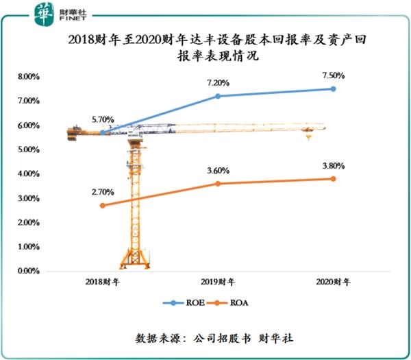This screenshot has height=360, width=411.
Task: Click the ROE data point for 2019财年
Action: (x=218, y=96)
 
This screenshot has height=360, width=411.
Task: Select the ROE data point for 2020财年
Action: (x=334, y=88)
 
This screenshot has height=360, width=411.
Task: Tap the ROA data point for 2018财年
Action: (x=103, y=206)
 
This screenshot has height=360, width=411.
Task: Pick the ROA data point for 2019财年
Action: (x=218, y=184)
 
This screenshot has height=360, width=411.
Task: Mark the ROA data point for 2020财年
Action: (x=334, y=179)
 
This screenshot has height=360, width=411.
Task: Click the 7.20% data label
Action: (x=218, y=83)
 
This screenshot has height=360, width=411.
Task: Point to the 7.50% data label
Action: (x=334, y=75)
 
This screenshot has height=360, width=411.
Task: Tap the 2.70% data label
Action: (x=103, y=192)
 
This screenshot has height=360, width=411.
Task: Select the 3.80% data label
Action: (x=334, y=166)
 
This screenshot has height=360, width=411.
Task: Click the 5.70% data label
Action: (x=103, y=119)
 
